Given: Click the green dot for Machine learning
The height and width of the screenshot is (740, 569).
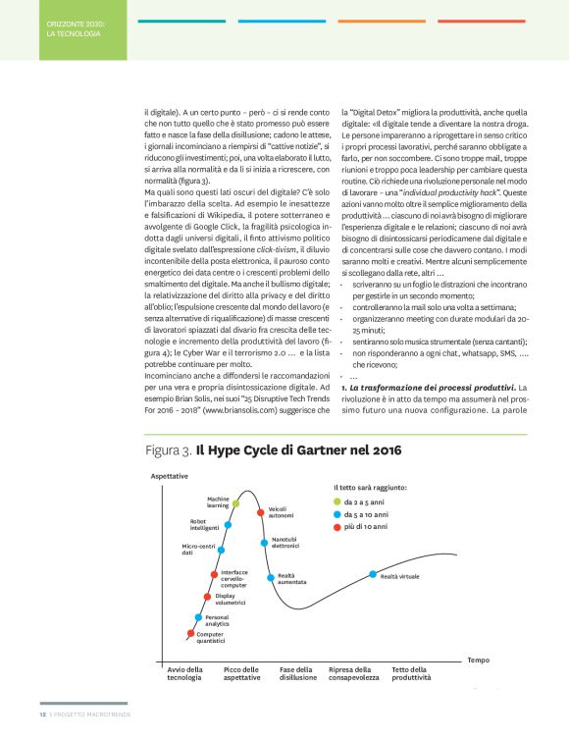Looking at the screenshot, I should coord(235,502).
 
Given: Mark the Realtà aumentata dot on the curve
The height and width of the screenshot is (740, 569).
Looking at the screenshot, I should coord(269,575).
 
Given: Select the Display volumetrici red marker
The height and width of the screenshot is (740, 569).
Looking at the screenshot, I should coord(207,596).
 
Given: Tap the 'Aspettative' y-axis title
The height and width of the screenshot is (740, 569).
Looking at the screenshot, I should coord(169,475).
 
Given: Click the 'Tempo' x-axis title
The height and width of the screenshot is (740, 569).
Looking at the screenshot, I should coord(478,660).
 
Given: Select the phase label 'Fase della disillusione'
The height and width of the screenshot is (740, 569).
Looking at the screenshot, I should coord(298,673).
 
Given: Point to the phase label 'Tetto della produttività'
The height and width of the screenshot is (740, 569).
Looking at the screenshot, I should coord(411,673).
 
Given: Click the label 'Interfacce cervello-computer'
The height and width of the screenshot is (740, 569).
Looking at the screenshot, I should coord(233,578).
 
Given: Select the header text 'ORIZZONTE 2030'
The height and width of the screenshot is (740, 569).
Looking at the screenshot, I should coord(76,21).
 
